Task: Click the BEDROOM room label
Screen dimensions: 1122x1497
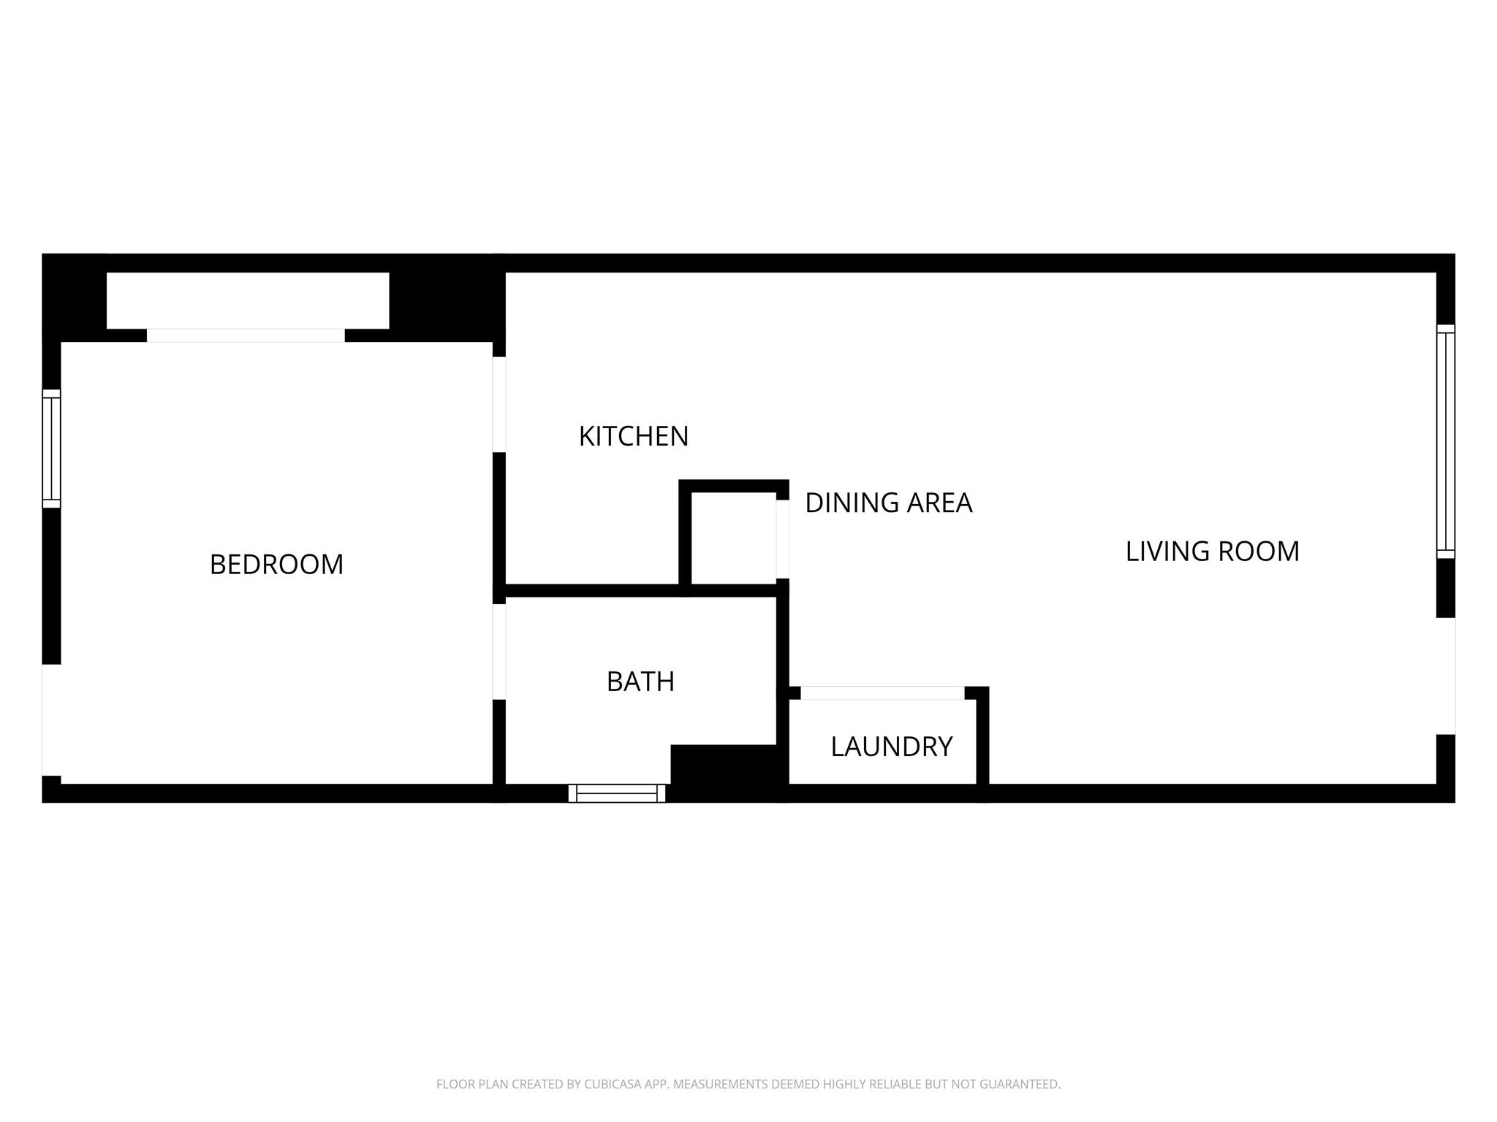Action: [x=276, y=565]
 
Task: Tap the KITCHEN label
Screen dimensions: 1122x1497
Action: [x=633, y=436]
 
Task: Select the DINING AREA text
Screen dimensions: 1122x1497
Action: [x=888, y=503]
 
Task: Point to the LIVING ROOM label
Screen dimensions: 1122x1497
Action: [x=1212, y=552]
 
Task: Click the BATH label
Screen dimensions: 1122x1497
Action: [x=640, y=682]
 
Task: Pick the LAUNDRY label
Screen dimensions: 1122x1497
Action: [x=891, y=747]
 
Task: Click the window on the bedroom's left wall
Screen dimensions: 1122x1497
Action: [x=51, y=449]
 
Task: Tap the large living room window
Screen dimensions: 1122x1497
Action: [x=1445, y=441]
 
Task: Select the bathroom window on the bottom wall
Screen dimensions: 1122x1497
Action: [x=617, y=793]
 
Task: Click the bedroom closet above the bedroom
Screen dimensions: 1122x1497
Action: [x=247, y=300]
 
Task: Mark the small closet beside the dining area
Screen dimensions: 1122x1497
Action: [x=732, y=538]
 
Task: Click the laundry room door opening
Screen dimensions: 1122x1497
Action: [x=882, y=693]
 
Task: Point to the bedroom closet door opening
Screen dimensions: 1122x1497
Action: [x=246, y=335]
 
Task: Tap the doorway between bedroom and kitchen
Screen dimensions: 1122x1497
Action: [x=499, y=404]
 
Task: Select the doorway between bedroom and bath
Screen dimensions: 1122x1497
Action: [x=499, y=652]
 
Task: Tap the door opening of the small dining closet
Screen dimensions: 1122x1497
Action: [x=783, y=538]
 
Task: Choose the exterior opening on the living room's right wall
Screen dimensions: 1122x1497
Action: [x=1445, y=676]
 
